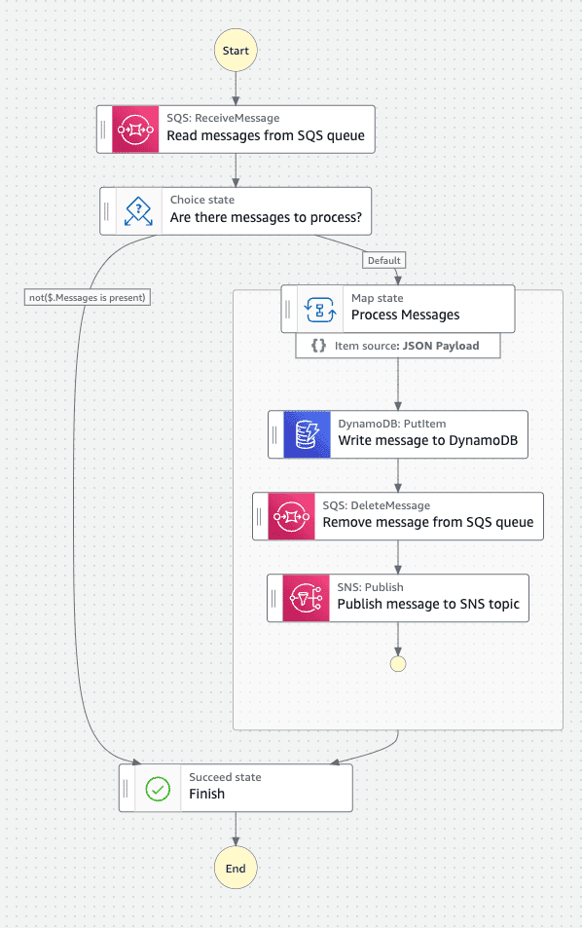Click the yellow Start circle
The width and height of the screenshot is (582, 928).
[x=236, y=51]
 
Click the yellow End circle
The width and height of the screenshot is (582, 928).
[x=236, y=868]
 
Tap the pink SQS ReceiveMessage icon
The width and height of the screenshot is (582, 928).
[x=135, y=130]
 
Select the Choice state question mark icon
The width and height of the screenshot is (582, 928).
[x=139, y=210]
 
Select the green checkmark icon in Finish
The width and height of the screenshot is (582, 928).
[x=158, y=787]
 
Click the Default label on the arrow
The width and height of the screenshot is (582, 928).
[x=384, y=260]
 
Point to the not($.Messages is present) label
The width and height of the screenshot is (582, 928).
[x=88, y=298]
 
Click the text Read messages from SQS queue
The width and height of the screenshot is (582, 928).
[x=266, y=136]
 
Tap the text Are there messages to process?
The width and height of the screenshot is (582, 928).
[x=266, y=218]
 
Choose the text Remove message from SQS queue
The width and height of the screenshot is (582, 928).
[x=428, y=522]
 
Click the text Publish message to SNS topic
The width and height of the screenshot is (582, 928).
[x=428, y=604]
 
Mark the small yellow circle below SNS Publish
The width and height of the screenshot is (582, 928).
[x=397, y=663]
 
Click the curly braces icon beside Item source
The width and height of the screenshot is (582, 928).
[x=318, y=346]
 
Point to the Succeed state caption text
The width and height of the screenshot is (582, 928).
[x=225, y=777]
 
